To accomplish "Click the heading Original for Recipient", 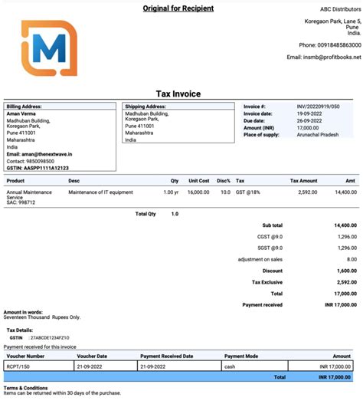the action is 178,8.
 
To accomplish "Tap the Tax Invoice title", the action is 178,72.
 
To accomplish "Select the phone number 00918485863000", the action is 331,45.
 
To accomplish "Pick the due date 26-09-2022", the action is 310,120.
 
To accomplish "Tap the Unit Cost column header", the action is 199,181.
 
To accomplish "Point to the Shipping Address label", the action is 146,107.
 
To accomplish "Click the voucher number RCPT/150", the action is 18,367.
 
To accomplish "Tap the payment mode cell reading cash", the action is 230,367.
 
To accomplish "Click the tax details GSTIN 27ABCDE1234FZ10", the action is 49,337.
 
